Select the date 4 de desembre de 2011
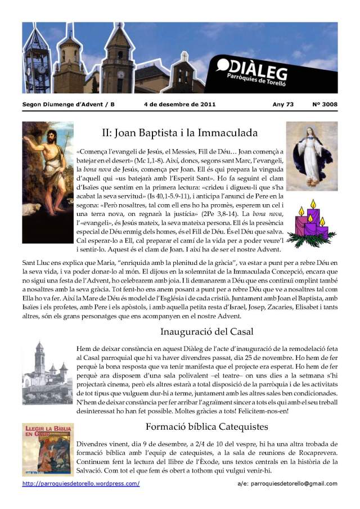coord(179,105)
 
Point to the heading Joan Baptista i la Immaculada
coord(179,133)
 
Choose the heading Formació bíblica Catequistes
coord(206,426)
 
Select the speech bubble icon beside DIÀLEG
coord(223,66)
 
